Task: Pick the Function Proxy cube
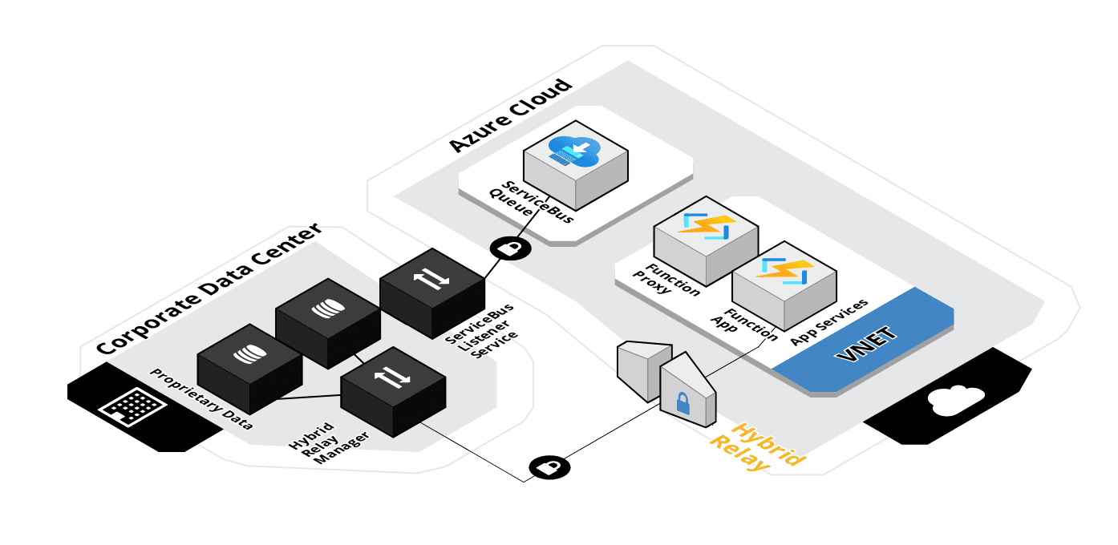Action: [x=706, y=240]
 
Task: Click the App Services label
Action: [x=828, y=322]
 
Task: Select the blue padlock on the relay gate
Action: [x=683, y=403]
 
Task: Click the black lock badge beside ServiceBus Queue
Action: [x=510, y=248]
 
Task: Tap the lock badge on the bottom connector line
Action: [x=549, y=467]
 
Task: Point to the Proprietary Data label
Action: [x=201, y=399]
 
